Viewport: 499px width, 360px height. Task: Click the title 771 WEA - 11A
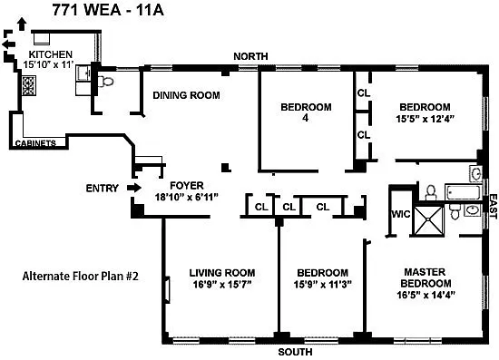108,10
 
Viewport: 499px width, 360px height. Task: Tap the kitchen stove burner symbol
29,85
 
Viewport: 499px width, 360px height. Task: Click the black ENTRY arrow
134,188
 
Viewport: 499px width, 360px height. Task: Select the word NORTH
250,56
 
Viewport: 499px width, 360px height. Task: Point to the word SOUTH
295,352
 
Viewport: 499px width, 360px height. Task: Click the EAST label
494,207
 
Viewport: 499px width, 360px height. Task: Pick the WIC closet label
401,214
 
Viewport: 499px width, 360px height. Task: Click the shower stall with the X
428,220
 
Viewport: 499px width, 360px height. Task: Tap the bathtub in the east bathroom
463,192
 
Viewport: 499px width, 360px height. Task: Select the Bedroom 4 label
306,112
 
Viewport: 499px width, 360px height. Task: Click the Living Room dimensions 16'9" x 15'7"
222,285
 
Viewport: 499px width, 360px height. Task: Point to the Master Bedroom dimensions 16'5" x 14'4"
426,295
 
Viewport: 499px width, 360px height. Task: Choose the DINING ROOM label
186,95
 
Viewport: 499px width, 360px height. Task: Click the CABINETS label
35,143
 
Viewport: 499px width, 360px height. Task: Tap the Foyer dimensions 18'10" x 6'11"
187,197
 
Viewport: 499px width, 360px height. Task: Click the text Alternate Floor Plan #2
81,276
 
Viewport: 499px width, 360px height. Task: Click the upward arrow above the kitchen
22,24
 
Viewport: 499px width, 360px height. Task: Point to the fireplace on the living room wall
167,289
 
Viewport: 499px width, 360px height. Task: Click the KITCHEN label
51,54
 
